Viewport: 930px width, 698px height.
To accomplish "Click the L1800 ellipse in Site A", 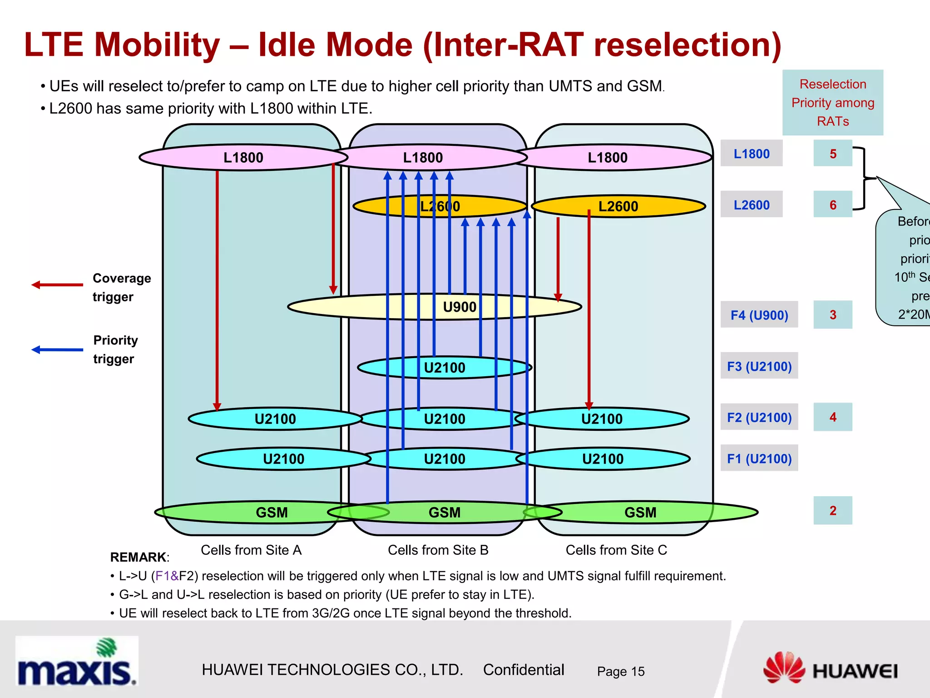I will click(x=243, y=157).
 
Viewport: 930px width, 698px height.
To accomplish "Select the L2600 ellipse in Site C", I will click(x=618, y=206).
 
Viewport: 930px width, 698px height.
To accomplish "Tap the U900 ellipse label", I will click(x=459, y=307).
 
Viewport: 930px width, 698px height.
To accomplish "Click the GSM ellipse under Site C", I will click(x=640, y=512).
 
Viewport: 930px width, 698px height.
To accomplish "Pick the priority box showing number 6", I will click(x=832, y=204).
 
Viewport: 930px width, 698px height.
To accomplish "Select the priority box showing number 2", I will click(x=832, y=510).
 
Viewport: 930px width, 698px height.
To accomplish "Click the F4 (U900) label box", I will click(x=759, y=314).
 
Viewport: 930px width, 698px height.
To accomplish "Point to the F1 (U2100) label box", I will click(x=759, y=458).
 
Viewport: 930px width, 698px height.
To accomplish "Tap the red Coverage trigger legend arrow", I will click(x=57, y=285).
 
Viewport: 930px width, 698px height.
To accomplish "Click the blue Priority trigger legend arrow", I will click(x=57, y=349).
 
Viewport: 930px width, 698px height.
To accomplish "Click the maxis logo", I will click(x=76, y=661).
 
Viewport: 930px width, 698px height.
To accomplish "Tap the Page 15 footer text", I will click(x=620, y=671).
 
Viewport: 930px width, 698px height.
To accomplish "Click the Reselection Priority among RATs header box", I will click(x=832, y=103).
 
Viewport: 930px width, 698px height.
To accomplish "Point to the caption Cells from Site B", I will click(x=438, y=550).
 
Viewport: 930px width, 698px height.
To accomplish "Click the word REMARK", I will click(x=138, y=557).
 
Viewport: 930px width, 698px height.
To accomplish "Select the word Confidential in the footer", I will click(x=523, y=670).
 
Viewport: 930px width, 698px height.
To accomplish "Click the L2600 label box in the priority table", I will click(x=751, y=204).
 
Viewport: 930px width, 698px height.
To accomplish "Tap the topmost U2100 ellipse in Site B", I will click(x=444, y=367).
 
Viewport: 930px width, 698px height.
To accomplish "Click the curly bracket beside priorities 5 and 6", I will click(x=864, y=178).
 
